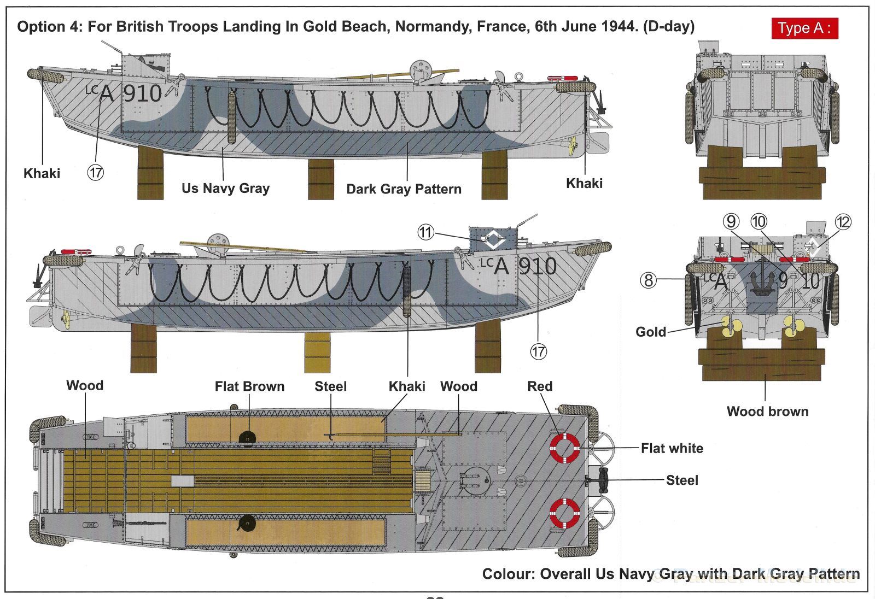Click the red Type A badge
point(804,28)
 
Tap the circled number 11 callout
point(425,232)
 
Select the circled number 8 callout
point(648,280)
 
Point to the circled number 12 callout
point(843,222)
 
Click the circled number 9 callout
point(731,221)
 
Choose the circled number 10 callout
point(759,221)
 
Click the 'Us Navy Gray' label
point(225,189)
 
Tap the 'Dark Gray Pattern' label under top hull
point(404,189)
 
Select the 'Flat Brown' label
point(249,386)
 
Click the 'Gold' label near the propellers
point(650,332)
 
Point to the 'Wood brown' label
point(767,412)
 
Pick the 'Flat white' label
point(672,448)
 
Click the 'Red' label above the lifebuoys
point(540,386)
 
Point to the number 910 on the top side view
point(142,94)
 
